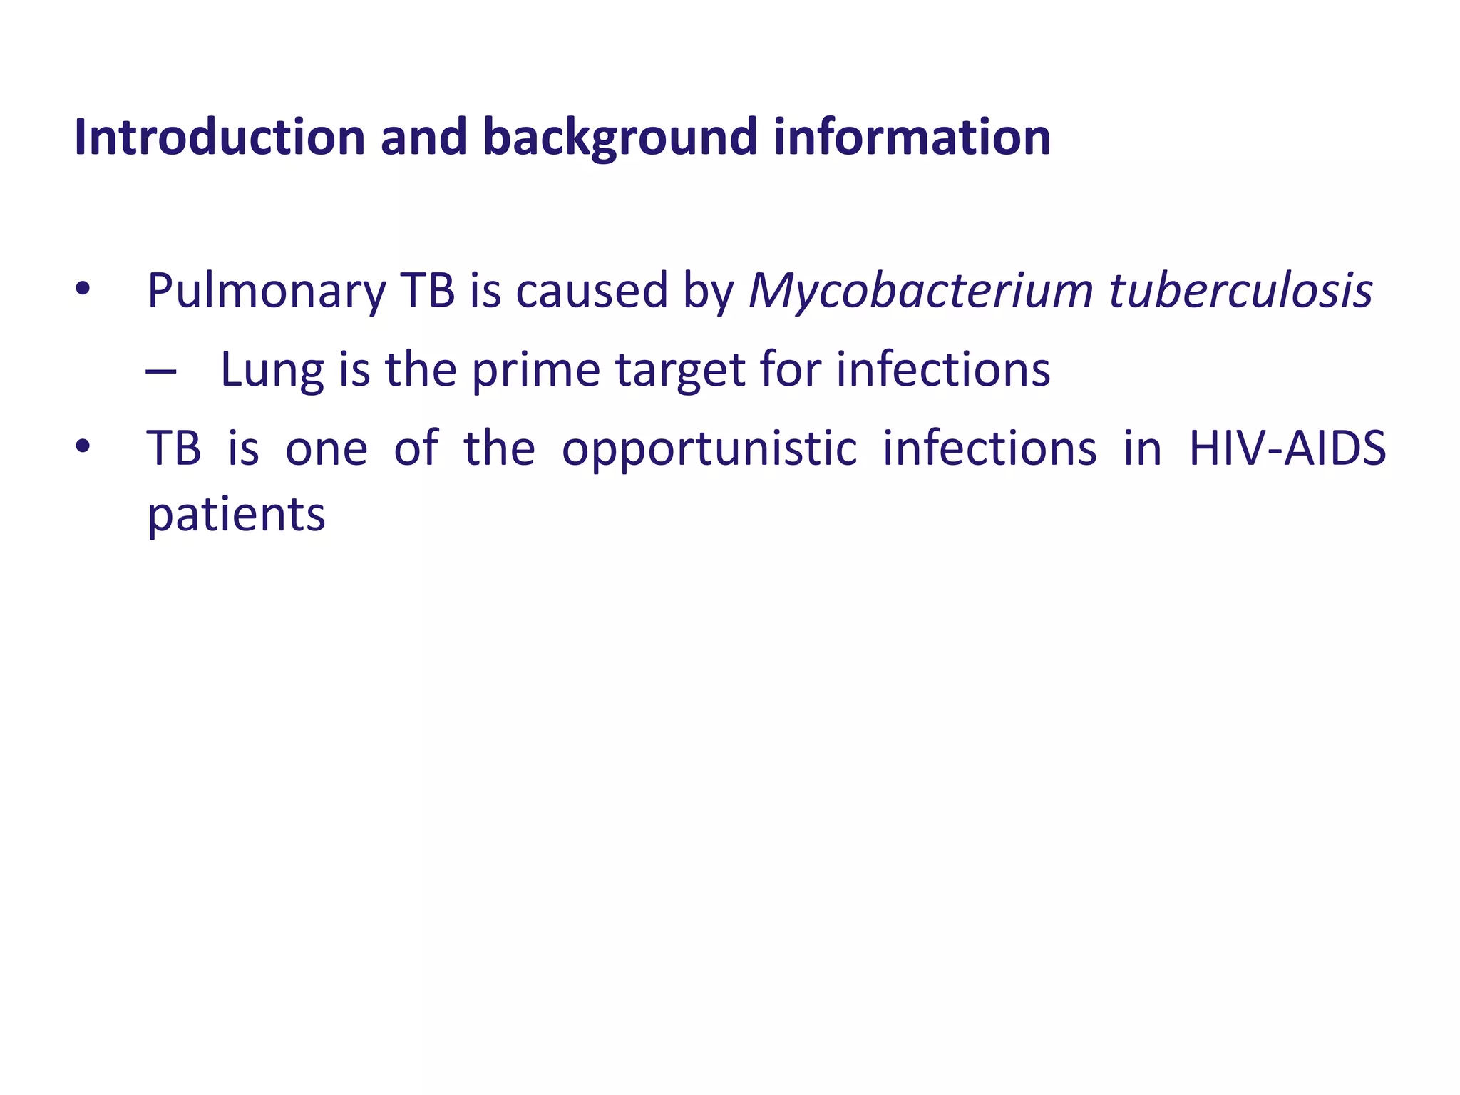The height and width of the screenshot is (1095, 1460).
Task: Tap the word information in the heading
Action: (912, 137)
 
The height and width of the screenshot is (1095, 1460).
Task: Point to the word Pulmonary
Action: (267, 292)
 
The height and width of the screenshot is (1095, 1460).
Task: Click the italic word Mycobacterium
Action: (920, 292)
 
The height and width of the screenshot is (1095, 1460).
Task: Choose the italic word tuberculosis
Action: (1240, 292)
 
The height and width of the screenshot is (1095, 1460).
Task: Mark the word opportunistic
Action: (709, 450)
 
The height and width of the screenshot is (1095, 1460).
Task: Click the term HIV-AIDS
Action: (1287, 448)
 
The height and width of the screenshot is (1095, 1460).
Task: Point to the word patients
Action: (236, 515)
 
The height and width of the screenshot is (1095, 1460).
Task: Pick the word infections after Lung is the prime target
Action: (943, 370)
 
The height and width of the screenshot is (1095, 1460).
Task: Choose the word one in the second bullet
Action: (327, 450)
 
